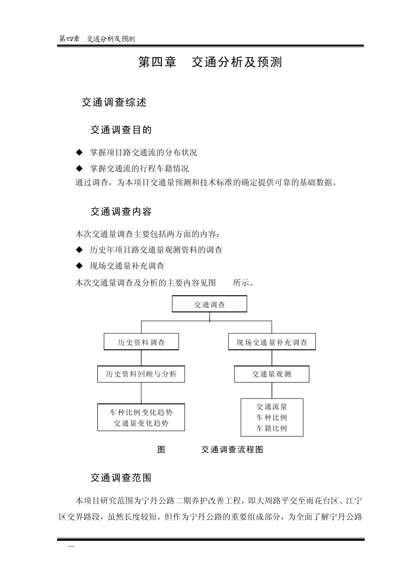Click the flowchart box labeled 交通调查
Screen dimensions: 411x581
click(x=209, y=304)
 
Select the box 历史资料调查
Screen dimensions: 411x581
click(x=141, y=342)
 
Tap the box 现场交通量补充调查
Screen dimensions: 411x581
click(x=272, y=342)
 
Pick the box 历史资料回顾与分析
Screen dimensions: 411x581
click(x=141, y=374)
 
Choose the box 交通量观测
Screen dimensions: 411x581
click(x=272, y=374)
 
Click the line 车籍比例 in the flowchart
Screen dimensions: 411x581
click(x=272, y=428)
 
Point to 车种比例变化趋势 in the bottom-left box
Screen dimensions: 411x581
click(x=141, y=412)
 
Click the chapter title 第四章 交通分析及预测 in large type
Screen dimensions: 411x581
click(x=210, y=62)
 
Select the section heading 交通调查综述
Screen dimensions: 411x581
click(x=114, y=102)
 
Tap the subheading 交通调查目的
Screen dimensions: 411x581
click(x=121, y=130)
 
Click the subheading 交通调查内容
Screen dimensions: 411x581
click(x=121, y=212)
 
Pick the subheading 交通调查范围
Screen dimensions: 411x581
click(x=121, y=478)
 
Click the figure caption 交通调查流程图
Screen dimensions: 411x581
click(x=232, y=450)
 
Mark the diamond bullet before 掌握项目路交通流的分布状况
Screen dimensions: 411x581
click(x=79, y=152)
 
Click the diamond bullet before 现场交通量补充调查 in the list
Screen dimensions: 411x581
click(x=79, y=265)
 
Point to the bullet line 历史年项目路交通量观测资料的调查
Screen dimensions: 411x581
click(x=156, y=250)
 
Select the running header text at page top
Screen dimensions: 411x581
click(x=97, y=39)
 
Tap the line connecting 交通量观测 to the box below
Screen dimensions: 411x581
click(x=272, y=390)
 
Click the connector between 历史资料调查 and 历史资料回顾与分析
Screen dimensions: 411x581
click(x=141, y=358)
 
